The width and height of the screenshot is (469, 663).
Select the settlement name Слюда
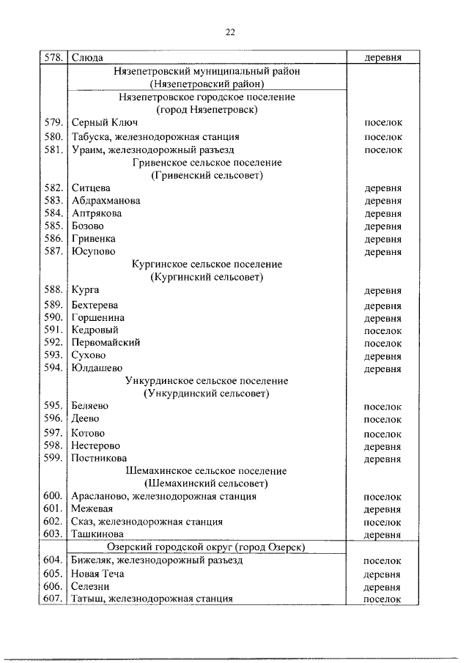click(x=87, y=57)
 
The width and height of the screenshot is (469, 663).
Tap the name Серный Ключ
click(x=104, y=123)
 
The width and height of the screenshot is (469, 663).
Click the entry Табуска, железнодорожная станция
click(x=155, y=137)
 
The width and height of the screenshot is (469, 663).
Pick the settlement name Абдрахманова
click(x=106, y=201)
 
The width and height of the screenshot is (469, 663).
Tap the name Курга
click(x=85, y=290)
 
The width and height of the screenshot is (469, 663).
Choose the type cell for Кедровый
click(x=383, y=330)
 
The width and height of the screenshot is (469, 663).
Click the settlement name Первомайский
click(x=106, y=343)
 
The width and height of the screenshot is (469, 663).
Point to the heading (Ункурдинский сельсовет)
click(x=207, y=394)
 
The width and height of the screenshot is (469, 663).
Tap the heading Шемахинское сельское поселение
click(x=207, y=471)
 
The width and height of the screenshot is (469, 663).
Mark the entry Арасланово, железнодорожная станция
click(x=163, y=497)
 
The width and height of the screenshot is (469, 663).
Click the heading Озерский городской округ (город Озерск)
click(x=207, y=548)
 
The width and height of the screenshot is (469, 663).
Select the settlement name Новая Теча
click(x=97, y=574)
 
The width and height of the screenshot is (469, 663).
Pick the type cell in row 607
click(x=383, y=599)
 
